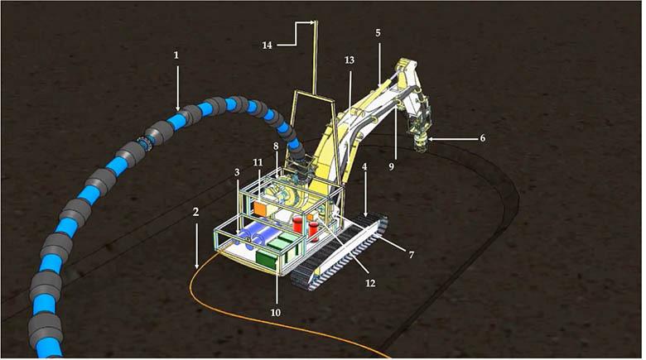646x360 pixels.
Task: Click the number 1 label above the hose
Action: pyautogui.click(x=176, y=55)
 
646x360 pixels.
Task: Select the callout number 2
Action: pyautogui.click(x=195, y=212)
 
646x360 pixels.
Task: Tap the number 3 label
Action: pyautogui.click(x=237, y=172)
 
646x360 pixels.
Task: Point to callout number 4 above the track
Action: pyautogui.click(x=364, y=167)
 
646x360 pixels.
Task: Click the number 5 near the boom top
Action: pyautogui.click(x=378, y=33)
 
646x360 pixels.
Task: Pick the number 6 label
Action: pyautogui.click(x=483, y=138)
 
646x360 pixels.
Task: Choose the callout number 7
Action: pyautogui.click(x=411, y=255)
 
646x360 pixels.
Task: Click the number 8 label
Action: pyautogui.click(x=276, y=146)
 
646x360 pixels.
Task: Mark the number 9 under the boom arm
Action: pyautogui.click(x=392, y=166)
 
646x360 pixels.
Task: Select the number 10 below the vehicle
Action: pyautogui.click(x=276, y=313)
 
